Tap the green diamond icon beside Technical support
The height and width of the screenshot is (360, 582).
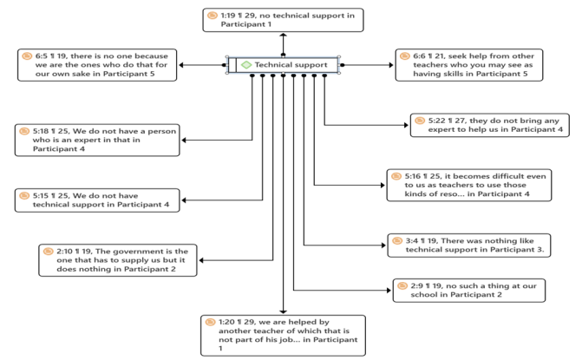(x=245, y=65)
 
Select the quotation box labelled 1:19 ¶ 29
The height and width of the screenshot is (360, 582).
(x=283, y=20)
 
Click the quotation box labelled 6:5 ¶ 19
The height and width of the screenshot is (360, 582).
(x=95, y=65)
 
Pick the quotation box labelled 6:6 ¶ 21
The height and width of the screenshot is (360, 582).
(x=469, y=65)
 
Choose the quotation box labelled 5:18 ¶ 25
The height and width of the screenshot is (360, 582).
(x=97, y=140)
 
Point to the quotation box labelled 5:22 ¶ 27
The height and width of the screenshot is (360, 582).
(x=490, y=125)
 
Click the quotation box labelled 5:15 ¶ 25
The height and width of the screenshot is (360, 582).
(x=97, y=200)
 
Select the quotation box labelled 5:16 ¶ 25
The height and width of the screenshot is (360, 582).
(x=468, y=185)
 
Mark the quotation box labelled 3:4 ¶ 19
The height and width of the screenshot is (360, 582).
(x=468, y=245)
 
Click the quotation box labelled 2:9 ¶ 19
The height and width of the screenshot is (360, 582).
(x=469, y=290)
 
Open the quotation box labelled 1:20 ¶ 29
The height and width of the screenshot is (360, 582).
(x=283, y=335)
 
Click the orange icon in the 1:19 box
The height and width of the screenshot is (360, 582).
(x=212, y=15)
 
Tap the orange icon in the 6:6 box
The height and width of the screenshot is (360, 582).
(x=405, y=56)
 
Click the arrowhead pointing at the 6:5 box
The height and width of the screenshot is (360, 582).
(x=180, y=65)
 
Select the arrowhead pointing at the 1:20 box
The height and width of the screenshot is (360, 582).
(x=284, y=311)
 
